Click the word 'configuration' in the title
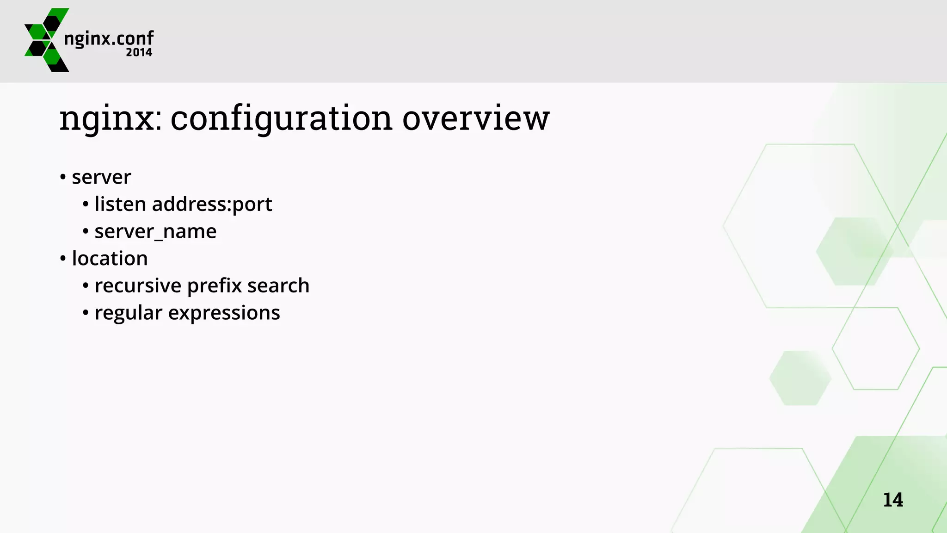[x=282, y=119]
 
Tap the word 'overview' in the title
[x=476, y=119]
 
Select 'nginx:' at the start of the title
[x=111, y=119]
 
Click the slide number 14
[x=892, y=500]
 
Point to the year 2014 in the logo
[x=139, y=53]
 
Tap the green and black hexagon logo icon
[x=46, y=40]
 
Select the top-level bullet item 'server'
[x=101, y=177]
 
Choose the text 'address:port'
[x=212, y=205]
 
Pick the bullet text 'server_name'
[x=155, y=231]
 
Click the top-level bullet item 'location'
[x=110, y=258]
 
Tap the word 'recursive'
[x=137, y=285]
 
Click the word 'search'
[x=278, y=285]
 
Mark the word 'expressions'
[x=224, y=313]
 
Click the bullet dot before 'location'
[x=63, y=259]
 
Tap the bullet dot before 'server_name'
[x=86, y=231]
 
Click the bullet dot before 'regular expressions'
[x=86, y=313]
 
